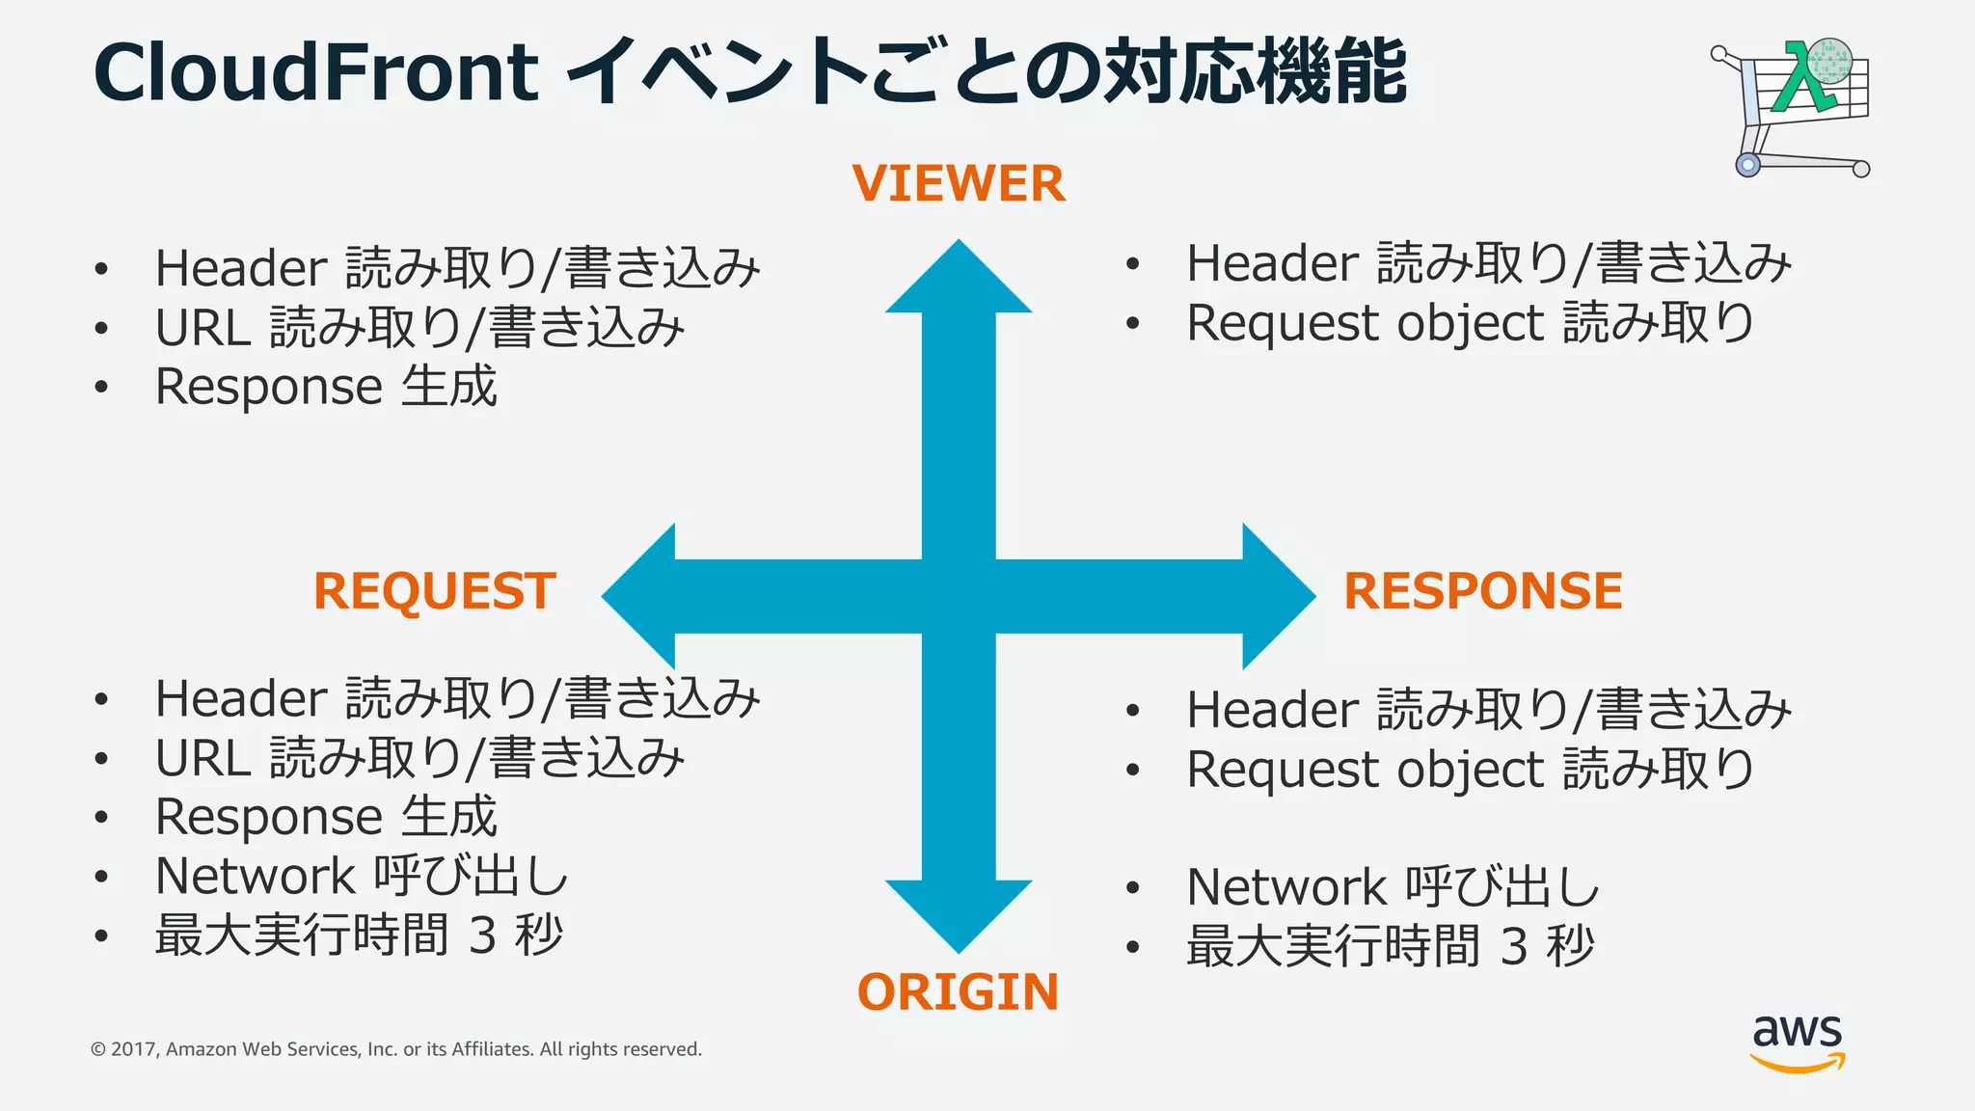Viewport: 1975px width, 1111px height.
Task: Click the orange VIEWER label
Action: pyautogui.click(x=959, y=183)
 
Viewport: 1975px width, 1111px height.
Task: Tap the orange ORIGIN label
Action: pyautogui.click(x=958, y=992)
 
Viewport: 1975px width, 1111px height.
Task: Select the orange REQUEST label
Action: pyautogui.click(x=435, y=591)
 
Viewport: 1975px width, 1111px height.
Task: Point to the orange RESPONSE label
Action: pyautogui.click(x=1483, y=591)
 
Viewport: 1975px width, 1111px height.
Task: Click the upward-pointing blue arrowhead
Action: pyautogui.click(x=959, y=281)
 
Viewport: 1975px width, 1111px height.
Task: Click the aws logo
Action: pyautogui.click(x=1798, y=1043)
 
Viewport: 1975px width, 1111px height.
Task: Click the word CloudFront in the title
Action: pyautogui.click(x=315, y=72)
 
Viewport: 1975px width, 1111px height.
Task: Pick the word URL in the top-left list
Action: pyautogui.click(x=203, y=329)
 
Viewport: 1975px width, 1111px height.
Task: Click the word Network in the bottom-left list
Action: pyautogui.click(x=256, y=877)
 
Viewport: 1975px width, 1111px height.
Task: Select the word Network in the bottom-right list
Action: pyautogui.click(x=1286, y=887)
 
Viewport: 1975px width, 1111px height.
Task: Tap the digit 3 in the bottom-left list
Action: pyautogui.click(x=483, y=935)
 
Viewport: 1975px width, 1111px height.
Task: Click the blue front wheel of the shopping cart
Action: pyautogui.click(x=1747, y=165)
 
